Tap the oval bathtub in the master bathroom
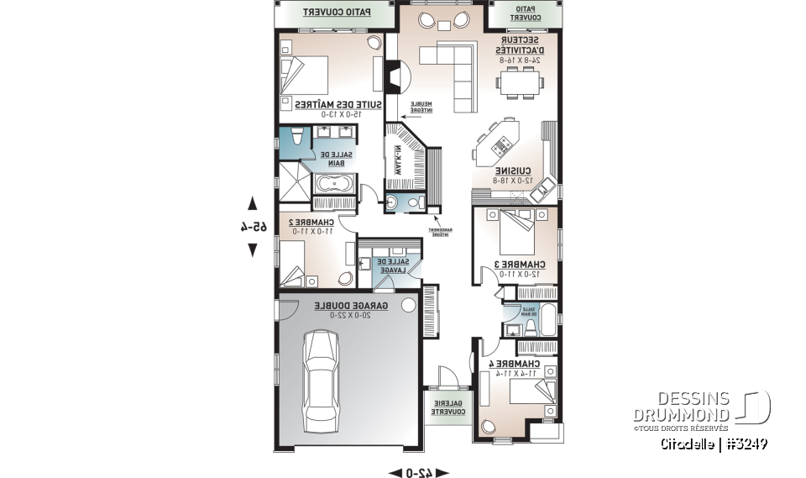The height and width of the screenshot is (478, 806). click(x=334, y=184)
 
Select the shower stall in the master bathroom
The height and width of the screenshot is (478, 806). click(x=294, y=179)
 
